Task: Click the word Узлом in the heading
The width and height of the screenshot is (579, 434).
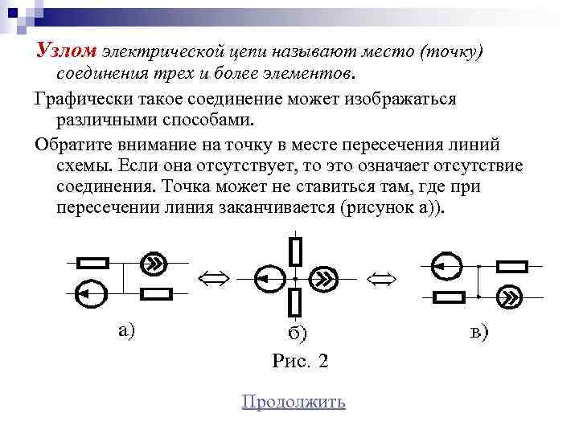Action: click(66, 51)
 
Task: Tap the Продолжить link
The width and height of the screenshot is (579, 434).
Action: click(294, 402)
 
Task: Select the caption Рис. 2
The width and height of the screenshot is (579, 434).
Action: click(300, 361)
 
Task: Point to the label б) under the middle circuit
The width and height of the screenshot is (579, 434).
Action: click(298, 333)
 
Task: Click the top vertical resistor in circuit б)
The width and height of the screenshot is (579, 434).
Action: click(295, 251)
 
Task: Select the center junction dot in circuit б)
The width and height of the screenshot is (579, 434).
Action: click(295, 277)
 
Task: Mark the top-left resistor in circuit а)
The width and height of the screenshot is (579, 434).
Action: click(92, 262)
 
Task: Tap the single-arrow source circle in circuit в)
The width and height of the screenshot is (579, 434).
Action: click(441, 264)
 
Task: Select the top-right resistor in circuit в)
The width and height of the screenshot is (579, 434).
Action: click(512, 265)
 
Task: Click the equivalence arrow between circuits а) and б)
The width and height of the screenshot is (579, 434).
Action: click(213, 278)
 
